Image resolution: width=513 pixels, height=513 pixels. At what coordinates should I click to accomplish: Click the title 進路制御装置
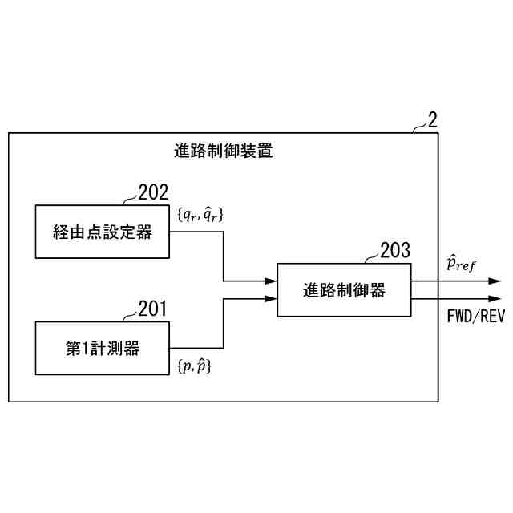click(223, 150)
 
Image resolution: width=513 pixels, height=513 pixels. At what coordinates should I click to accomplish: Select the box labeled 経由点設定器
click(103, 232)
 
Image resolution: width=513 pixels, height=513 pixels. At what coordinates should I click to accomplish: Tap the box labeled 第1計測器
click(103, 349)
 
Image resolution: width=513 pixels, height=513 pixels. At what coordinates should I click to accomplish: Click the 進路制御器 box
click(344, 290)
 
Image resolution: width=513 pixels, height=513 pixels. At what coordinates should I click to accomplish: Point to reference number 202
click(153, 193)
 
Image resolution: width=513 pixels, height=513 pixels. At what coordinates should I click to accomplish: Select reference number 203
click(395, 250)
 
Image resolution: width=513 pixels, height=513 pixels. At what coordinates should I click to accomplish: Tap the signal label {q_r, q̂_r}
click(200, 214)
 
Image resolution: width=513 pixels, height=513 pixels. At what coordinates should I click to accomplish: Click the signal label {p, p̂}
click(193, 366)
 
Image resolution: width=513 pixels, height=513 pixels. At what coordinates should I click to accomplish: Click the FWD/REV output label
click(475, 315)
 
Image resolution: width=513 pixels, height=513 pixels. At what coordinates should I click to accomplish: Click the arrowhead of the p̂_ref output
click(495, 281)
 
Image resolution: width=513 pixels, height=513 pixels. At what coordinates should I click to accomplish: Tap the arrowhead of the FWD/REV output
click(495, 299)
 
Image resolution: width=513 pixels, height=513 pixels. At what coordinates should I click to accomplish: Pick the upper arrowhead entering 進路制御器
click(271, 281)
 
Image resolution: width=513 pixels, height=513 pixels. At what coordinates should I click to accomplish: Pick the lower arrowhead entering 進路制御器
click(271, 299)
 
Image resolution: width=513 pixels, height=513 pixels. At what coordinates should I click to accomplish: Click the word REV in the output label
click(491, 315)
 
